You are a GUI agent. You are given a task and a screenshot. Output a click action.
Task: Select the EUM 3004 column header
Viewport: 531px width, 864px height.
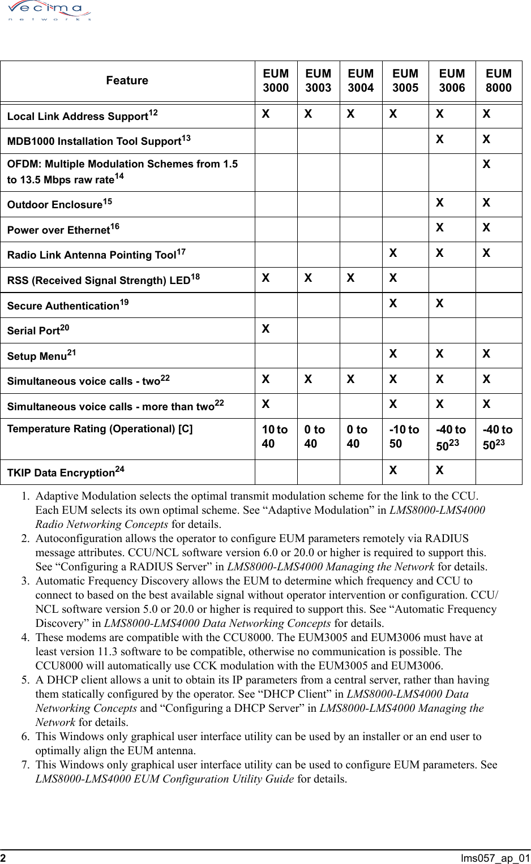click(x=361, y=80)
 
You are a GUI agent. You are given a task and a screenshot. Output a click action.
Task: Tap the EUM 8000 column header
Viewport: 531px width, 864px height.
click(x=499, y=80)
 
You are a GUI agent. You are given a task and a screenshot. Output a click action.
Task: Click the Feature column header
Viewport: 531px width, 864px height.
click(x=127, y=80)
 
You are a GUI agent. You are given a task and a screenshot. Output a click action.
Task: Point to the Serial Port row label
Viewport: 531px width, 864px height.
click(x=38, y=330)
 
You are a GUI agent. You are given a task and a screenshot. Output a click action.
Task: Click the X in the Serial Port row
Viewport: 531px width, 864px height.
click(x=265, y=329)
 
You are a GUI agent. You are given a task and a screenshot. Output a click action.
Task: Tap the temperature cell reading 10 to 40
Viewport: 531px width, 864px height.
click(x=275, y=436)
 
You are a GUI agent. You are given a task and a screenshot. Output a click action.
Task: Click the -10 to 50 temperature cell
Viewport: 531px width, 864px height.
click(x=404, y=436)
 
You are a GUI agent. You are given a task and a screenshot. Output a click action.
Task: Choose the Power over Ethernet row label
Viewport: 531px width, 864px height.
click(x=63, y=230)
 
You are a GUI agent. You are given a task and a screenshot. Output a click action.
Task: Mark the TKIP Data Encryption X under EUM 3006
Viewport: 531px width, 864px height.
click(x=439, y=471)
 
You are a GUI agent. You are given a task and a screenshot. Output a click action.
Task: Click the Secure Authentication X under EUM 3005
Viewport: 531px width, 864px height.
click(x=393, y=304)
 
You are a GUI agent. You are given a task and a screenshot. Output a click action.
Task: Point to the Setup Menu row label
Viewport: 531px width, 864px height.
click(x=41, y=356)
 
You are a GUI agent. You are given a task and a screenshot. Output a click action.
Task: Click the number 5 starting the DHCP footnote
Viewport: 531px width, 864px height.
click(x=25, y=680)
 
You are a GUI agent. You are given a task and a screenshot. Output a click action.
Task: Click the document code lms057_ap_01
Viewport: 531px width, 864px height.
click(x=495, y=858)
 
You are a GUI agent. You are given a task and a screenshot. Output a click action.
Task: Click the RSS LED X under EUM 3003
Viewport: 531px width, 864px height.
click(x=308, y=278)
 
